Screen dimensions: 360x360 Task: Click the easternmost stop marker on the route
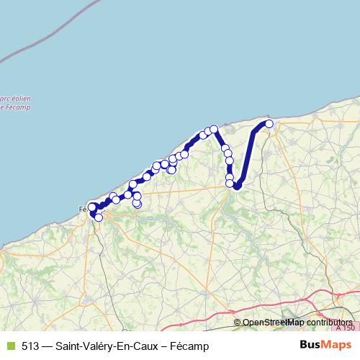point(269,124)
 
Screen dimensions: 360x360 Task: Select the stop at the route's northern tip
point(214,129)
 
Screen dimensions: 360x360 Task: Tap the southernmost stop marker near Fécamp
point(99,217)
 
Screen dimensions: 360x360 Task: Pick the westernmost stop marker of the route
point(91,207)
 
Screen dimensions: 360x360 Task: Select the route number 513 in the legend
point(30,345)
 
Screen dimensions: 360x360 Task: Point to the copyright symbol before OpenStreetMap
point(238,323)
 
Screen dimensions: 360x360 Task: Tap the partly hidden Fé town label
point(81,210)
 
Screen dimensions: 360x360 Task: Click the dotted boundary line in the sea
point(43,36)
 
